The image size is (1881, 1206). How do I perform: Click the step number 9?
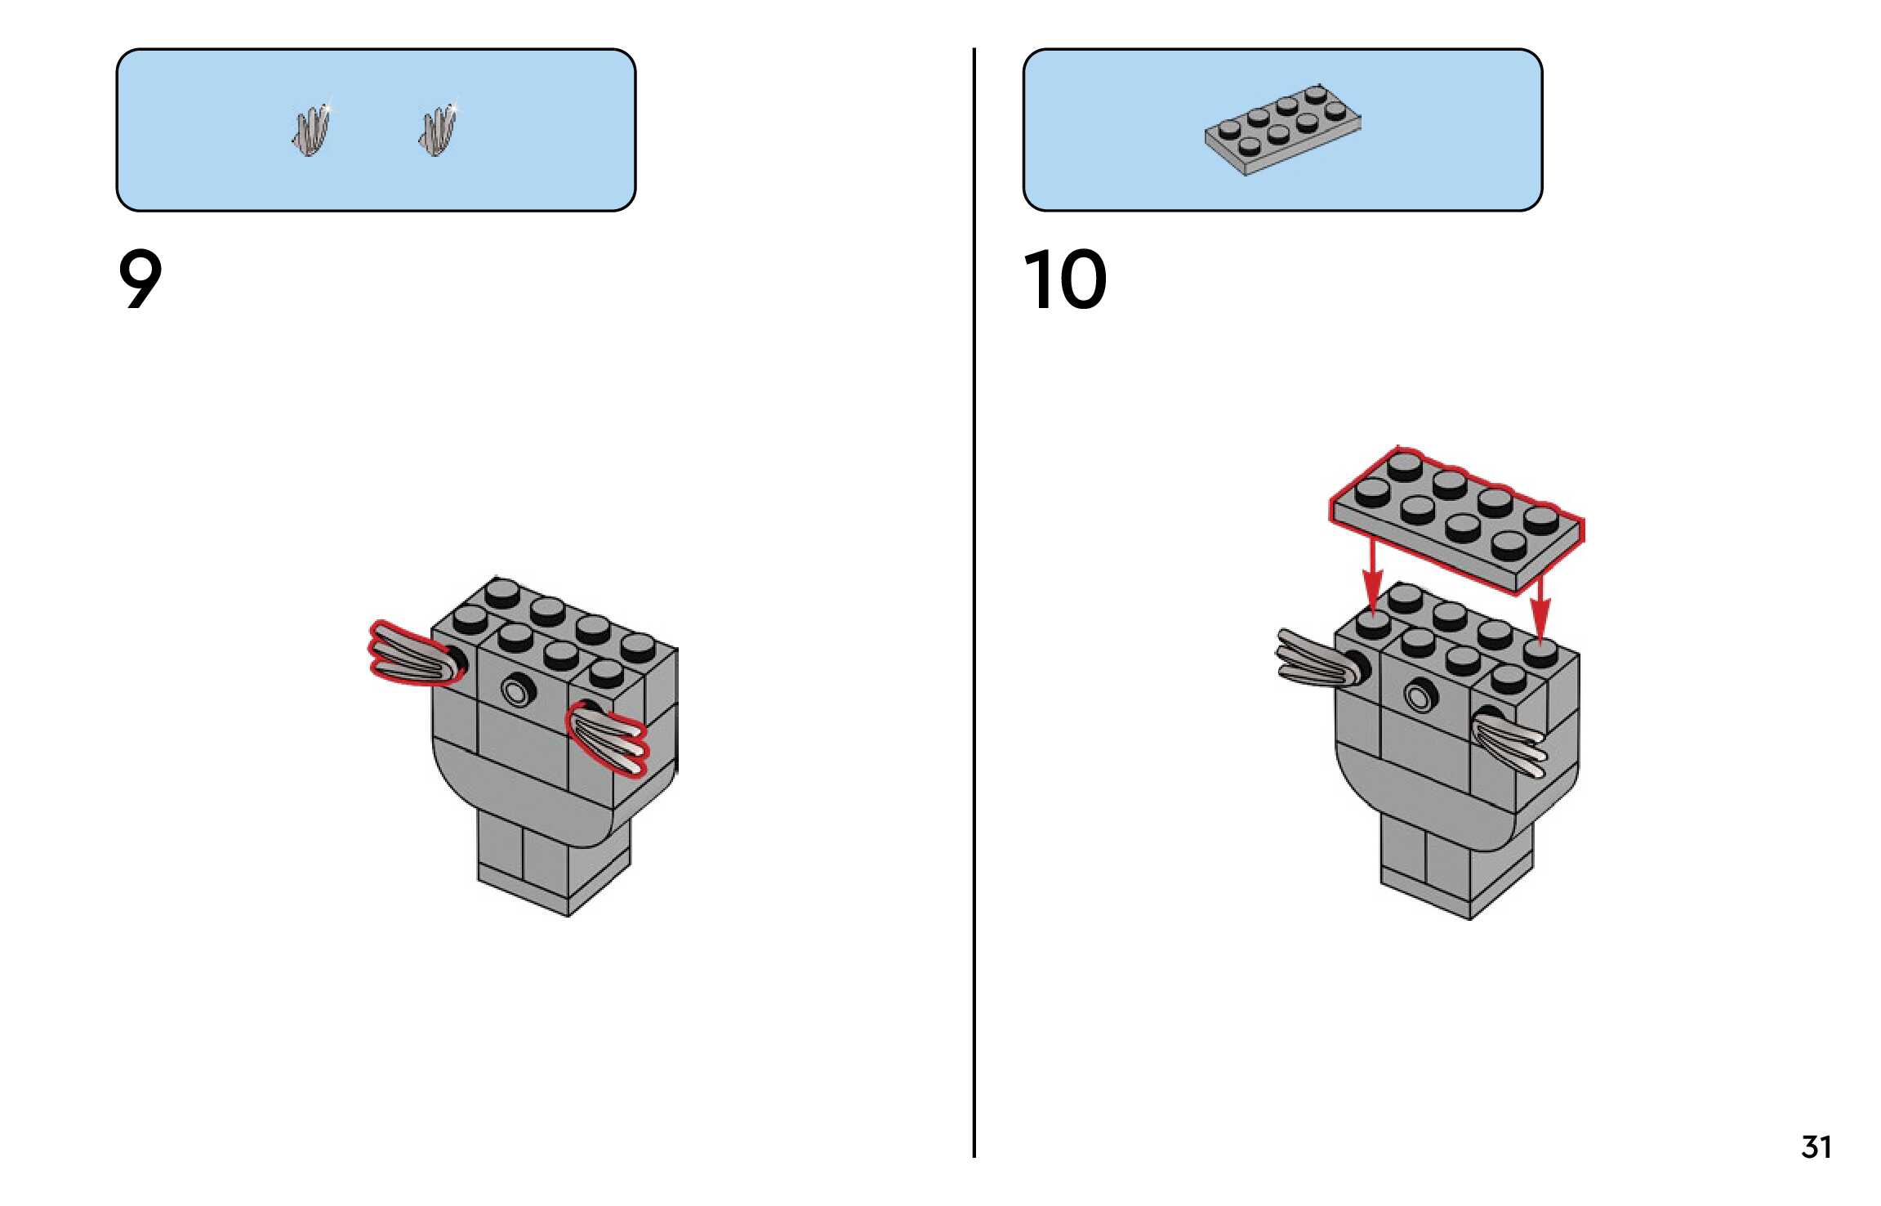(x=140, y=279)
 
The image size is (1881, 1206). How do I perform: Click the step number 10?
(x=1064, y=279)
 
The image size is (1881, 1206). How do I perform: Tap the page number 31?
(x=1815, y=1147)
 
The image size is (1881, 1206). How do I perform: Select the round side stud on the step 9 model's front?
(x=516, y=692)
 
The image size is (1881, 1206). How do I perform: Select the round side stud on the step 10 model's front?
(x=1420, y=697)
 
